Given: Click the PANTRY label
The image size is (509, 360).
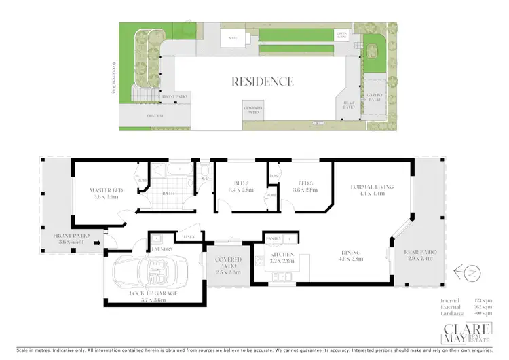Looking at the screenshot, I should [x=274, y=239].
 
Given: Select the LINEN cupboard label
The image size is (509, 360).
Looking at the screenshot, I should [x=190, y=236].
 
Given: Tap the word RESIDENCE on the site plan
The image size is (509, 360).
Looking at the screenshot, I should [x=263, y=82].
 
